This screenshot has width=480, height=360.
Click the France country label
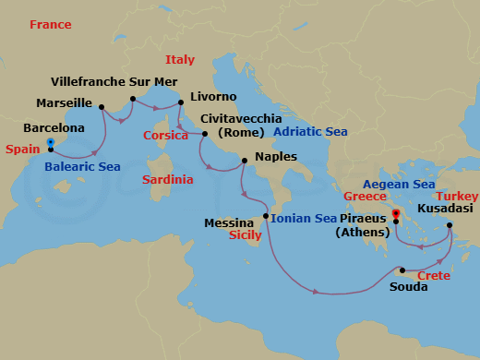pos(50,25)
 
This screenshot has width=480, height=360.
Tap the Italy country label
pos(180,60)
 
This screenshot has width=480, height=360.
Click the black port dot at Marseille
pos(101,106)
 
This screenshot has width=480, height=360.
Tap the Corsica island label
pos(165,136)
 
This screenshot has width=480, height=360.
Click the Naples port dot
pos(243,162)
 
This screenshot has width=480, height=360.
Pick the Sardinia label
pos(167,180)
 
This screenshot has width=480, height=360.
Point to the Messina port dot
pos(266,217)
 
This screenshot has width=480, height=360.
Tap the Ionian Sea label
pos(304,219)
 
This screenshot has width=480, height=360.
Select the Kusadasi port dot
pos(450,225)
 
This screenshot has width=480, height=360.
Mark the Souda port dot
pos(402,270)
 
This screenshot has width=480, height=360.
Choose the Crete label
pos(434,277)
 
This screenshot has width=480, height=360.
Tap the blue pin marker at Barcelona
pos(50,143)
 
